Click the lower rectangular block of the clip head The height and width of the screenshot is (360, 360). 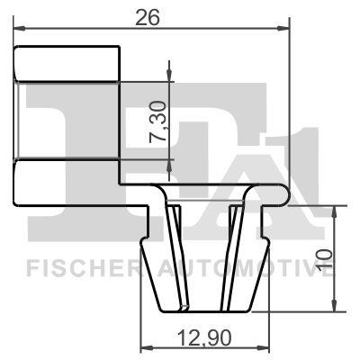click(x=68, y=181)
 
